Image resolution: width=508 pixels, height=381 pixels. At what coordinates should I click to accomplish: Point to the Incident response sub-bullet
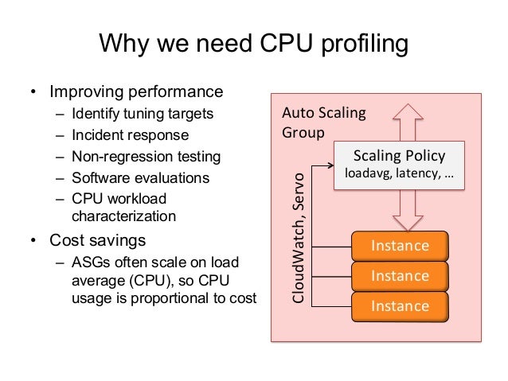[x=130, y=134]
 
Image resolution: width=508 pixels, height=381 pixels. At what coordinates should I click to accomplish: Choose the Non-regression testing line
[x=146, y=156]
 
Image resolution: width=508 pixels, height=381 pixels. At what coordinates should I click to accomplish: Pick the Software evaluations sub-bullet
[x=141, y=177]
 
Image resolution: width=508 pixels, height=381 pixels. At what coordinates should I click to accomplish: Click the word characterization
[x=123, y=216]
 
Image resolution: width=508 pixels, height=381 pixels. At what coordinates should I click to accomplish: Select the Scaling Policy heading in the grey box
[x=399, y=155]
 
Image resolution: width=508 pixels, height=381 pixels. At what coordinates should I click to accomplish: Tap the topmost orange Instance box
[x=401, y=246]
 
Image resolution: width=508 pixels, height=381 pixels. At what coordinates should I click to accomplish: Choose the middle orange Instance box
[x=401, y=276]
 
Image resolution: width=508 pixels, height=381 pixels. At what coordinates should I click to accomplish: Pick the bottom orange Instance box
[x=401, y=306]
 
